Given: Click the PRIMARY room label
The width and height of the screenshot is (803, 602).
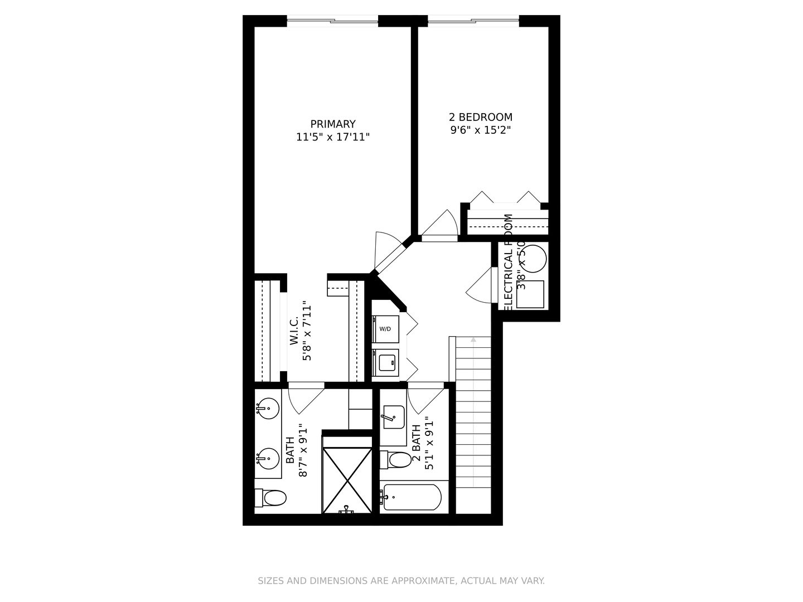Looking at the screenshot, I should (x=333, y=124).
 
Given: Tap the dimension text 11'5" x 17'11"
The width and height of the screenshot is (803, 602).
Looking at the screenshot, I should (x=333, y=137).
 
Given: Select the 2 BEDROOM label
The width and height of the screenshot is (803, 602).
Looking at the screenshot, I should (x=480, y=117).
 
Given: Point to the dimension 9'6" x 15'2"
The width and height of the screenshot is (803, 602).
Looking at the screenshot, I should (x=480, y=130).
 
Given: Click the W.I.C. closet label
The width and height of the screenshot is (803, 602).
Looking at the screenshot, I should (x=294, y=332).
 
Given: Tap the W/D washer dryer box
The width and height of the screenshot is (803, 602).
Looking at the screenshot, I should (x=385, y=329).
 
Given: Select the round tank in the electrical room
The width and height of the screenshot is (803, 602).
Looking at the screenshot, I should (x=534, y=258).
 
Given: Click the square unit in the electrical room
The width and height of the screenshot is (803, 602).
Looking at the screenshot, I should (x=530, y=294).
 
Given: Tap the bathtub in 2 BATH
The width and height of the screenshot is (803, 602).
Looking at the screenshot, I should (x=413, y=497).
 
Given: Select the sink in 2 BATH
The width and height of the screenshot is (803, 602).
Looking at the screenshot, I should (x=394, y=417).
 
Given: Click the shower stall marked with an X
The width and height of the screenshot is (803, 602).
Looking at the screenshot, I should (x=347, y=480).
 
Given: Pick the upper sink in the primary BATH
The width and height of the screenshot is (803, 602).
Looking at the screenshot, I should (x=268, y=408).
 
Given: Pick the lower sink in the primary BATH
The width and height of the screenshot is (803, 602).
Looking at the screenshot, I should (x=268, y=458).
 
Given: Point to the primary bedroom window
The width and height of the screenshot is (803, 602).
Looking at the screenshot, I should (x=332, y=22).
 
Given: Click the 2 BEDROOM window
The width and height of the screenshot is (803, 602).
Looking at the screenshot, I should (x=473, y=22).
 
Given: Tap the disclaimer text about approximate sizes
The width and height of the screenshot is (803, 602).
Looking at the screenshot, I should (x=401, y=581).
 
